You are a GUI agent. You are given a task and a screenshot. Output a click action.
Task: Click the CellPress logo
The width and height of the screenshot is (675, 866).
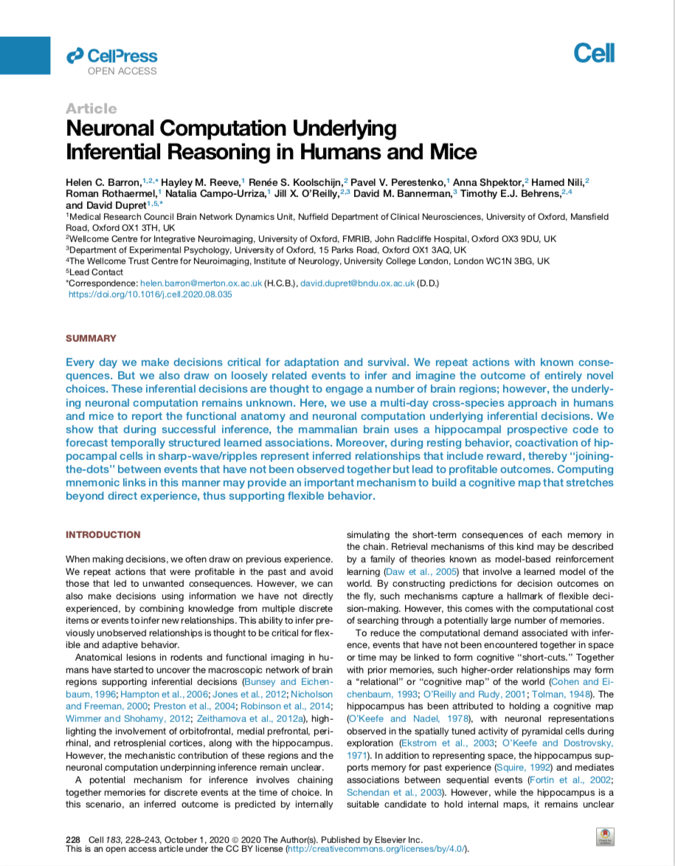111,55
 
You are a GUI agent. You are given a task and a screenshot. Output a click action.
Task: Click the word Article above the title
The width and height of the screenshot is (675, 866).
91,109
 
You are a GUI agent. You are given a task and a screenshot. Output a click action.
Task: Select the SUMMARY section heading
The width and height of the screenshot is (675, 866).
91,338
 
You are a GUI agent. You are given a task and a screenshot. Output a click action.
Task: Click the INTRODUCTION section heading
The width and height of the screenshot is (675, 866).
103,535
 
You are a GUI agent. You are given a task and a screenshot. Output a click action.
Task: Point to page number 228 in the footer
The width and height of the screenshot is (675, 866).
73,839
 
